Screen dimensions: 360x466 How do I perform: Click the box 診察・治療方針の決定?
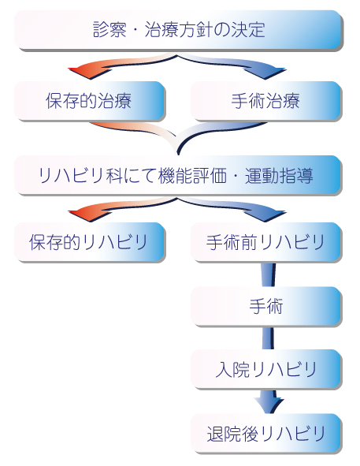pos(178,30)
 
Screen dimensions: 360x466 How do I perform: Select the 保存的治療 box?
pos(90,100)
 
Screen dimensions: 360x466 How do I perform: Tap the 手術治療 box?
pos(266,100)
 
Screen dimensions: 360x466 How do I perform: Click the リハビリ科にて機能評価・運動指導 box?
pos(178,175)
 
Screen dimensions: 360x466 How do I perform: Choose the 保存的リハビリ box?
pos(90,241)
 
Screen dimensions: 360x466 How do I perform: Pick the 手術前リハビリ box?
pos(266,241)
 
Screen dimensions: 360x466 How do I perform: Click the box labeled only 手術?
pos(266,306)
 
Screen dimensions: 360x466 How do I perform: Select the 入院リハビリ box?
pos(266,369)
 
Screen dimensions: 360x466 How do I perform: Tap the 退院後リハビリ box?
pos(266,433)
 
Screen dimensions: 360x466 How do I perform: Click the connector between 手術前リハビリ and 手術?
pos(268,274)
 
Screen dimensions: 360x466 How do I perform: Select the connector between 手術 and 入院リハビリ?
pos(268,337)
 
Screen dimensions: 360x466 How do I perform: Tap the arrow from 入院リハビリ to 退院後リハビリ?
pos(269,401)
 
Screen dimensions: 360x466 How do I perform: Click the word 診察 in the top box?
pos(109,30)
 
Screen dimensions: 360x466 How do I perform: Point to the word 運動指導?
pos(279,176)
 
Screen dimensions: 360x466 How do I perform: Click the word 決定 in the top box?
pos(248,30)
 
